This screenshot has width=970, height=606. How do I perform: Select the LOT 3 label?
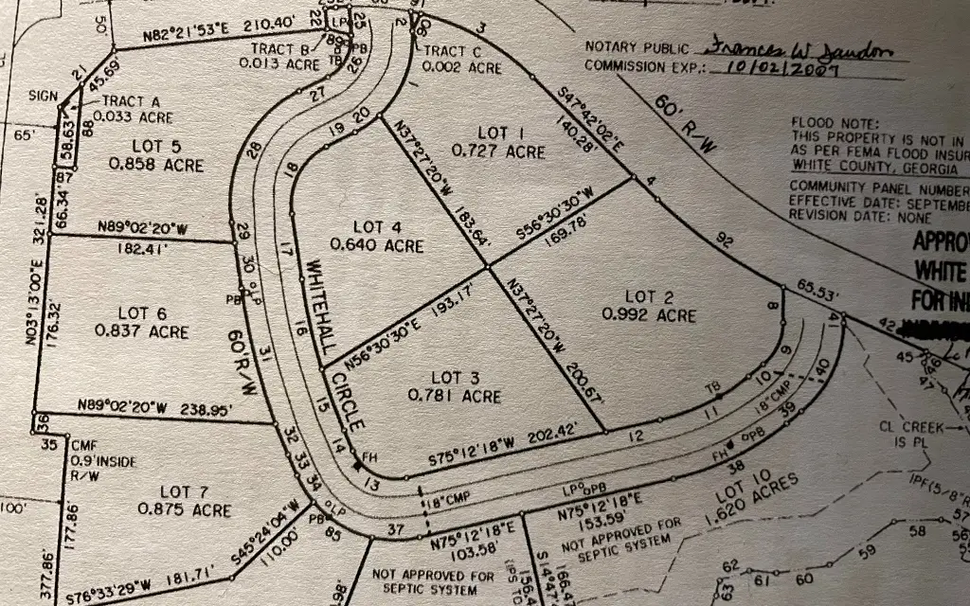tap(452, 378)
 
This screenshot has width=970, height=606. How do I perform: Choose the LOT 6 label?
tap(142, 313)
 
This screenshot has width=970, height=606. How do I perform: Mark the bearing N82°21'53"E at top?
tap(188, 36)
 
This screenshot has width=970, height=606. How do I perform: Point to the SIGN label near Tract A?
tap(45, 96)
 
